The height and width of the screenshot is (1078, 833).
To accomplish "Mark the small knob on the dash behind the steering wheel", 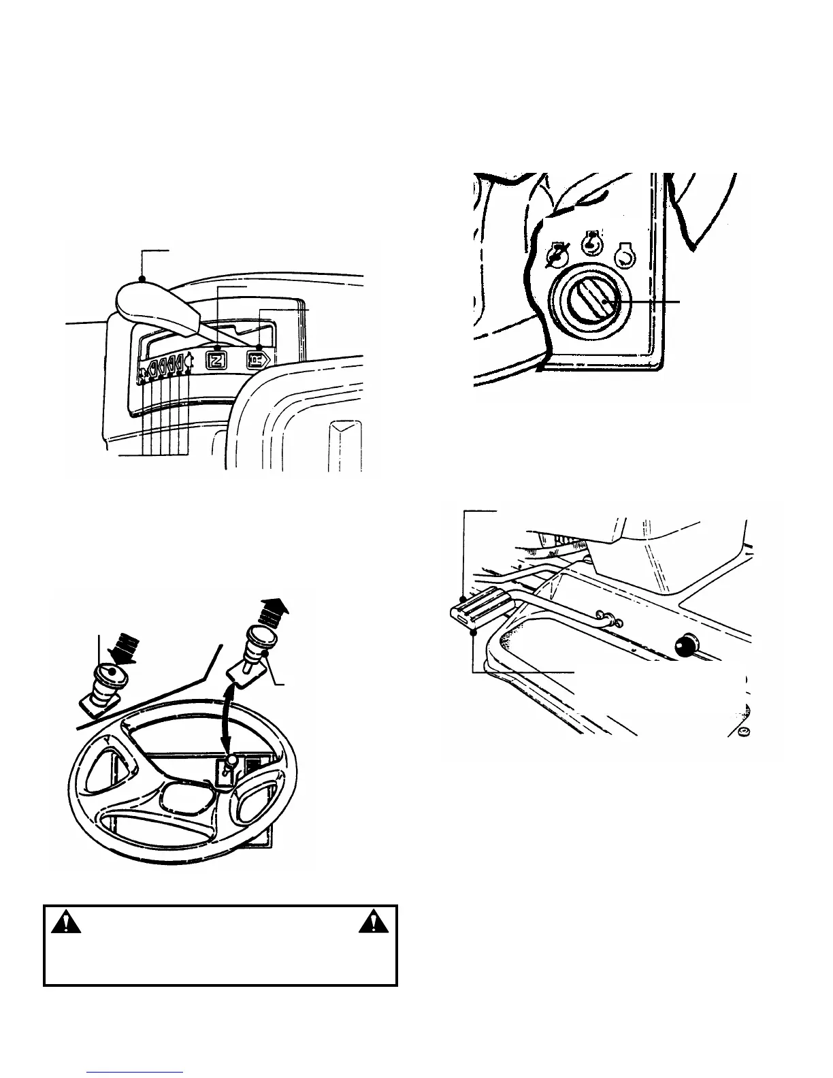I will pyautogui.click(x=232, y=761).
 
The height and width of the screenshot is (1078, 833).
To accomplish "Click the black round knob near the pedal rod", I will pyautogui.click(x=685, y=645).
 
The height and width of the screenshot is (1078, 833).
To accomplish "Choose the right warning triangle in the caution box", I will pyautogui.click(x=371, y=924).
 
